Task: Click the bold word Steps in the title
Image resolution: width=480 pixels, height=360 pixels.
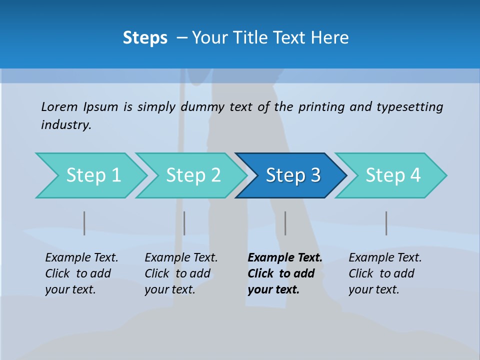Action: click(145, 38)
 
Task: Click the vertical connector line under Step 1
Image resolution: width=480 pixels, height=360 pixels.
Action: click(84, 223)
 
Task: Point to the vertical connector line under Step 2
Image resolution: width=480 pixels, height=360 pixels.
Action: click(184, 223)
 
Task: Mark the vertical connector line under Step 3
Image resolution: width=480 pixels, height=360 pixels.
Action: click(285, 223)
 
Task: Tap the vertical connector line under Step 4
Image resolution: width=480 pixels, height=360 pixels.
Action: click(386, 223)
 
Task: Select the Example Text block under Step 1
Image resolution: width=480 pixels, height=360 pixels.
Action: click(81, 273)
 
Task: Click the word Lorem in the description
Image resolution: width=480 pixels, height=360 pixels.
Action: click(59, 107)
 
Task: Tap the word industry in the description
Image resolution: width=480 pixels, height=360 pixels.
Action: click(66, 125)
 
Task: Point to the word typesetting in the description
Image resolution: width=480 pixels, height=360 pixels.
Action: click(409, 107)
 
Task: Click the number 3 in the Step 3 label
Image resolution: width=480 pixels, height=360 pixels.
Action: click(315, 175)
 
